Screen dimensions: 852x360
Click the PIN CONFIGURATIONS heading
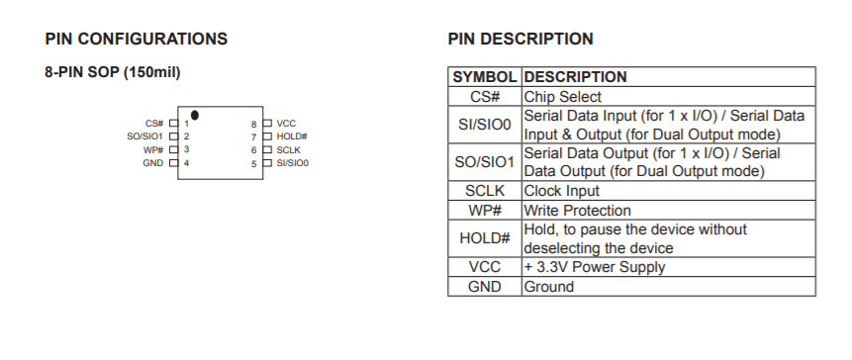pos(137,40)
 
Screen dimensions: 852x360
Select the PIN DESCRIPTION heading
pos(521,40)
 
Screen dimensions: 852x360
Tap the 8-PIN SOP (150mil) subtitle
pos(113,72)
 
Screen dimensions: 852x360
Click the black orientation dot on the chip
pos(195,115)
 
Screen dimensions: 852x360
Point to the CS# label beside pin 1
pos(154,124)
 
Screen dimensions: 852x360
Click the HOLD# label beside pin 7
pos(292,136)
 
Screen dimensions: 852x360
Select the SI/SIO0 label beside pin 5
pos(292,163)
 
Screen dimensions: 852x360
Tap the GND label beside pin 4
pos(152,163)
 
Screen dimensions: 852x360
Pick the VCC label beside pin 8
pos(286,124)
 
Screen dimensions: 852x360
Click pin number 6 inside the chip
pos(253,150)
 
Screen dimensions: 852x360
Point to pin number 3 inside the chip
pos(186,149)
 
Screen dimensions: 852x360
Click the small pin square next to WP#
pos(174,149)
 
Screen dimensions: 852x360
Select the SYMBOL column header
pos(485,77)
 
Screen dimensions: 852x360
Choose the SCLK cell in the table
pos(485,191)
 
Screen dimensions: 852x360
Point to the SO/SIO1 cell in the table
pos(485,162)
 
